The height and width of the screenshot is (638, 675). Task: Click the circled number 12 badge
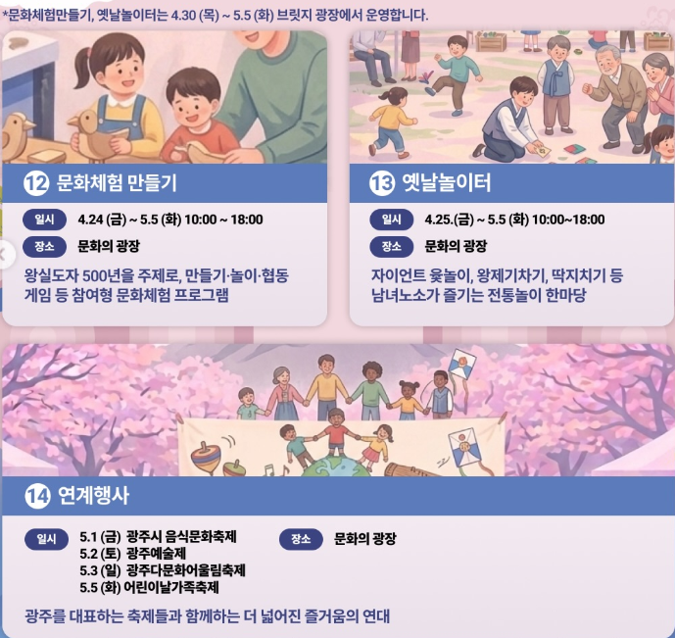coord(36,183)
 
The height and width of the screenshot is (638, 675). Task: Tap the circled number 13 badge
coord(382,183)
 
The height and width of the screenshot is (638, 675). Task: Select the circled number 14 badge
coord(37,496)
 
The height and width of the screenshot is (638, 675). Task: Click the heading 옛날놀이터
coord(447,182)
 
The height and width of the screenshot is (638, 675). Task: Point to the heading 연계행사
coord(93,496)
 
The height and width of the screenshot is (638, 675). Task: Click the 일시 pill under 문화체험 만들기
coord(44,220)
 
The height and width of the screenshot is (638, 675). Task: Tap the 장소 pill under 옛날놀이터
coord(391,247)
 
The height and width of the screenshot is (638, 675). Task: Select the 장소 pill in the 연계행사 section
coord(301,539)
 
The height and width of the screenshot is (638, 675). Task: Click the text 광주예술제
coord(157,553)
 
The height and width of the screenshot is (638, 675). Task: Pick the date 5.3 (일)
coord(100,570)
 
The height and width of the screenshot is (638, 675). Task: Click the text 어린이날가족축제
coord(171,587)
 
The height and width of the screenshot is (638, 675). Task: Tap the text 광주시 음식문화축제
coord(181,537)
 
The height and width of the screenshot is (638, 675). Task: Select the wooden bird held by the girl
coord(96,134)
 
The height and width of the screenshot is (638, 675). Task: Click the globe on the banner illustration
coord(335,466)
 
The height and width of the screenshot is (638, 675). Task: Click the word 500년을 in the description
coord(108,275)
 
